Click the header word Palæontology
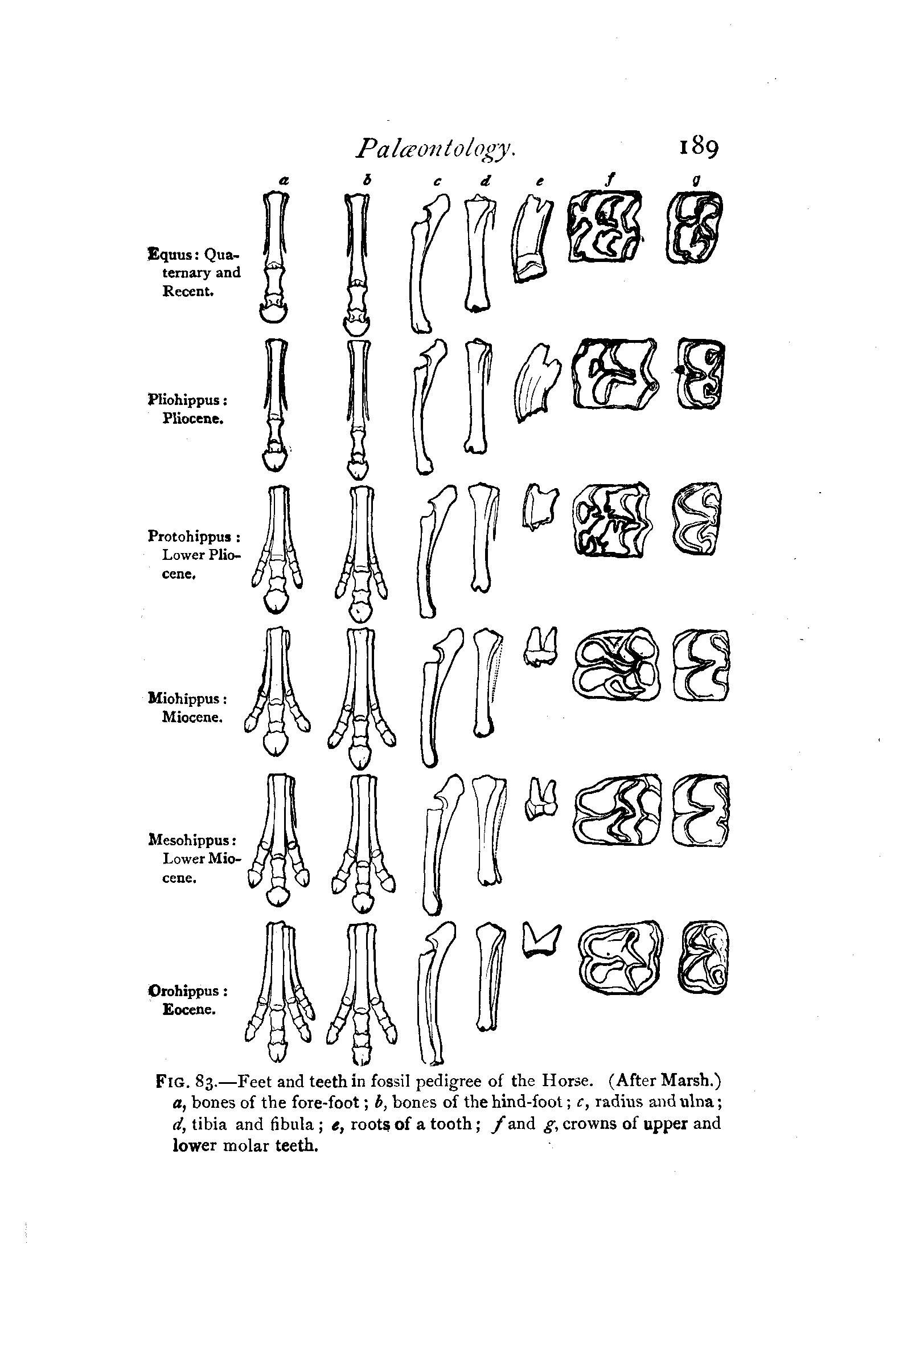pos(436,149)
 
